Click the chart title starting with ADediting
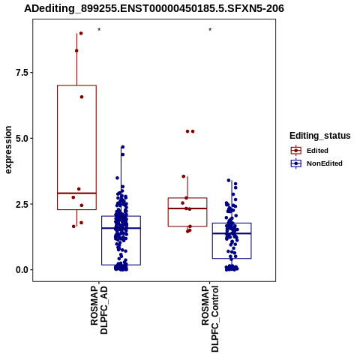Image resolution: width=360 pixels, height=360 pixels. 154,8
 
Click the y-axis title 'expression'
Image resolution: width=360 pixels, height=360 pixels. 8,150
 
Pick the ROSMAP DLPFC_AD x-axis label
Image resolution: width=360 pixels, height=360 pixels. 99,310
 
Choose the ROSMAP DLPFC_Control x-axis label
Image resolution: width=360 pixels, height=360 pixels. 210,319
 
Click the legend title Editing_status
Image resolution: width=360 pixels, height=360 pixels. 320,136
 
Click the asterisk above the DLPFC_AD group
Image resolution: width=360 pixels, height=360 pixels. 99,30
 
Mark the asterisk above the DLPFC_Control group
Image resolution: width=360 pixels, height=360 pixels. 210,30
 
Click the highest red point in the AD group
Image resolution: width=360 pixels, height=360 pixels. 81,33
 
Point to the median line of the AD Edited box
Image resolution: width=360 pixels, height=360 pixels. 76,193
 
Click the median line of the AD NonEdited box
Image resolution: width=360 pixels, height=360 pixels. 121,228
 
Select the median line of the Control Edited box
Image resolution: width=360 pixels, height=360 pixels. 187,208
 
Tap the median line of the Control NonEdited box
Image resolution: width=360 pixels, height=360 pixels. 232,233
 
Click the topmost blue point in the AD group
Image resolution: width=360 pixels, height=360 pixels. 123,147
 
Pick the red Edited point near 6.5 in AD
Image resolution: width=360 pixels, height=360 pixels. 82,97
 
